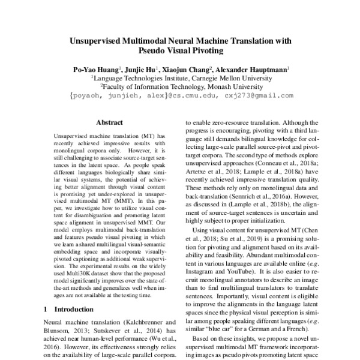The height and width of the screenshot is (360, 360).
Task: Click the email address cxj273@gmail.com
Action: [x=256, y=95]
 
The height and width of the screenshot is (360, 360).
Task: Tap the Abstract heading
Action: [x=109, y=122]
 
